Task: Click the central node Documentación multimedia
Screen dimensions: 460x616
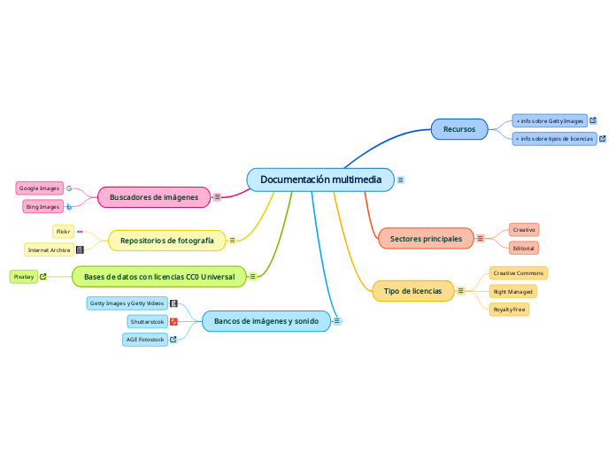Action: [x=320, y=180]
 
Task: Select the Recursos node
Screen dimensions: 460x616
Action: [x=458, y=129]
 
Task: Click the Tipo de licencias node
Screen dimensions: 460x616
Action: [x=412, y=290]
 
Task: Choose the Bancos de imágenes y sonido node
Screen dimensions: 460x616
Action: [x=266, y=320]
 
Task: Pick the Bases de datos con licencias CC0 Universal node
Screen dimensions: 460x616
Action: [x=159, y=277]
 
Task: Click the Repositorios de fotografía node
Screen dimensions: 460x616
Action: [x=167, y=240]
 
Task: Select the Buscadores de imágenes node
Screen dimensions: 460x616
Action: [x=154, y=196]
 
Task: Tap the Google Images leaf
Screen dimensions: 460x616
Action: [x=39, y=188]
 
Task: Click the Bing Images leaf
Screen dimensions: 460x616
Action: [x=42, y=207]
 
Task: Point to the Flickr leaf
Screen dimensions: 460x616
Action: [x=63, y=232]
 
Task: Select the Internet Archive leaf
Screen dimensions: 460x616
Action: [x=49, y=250]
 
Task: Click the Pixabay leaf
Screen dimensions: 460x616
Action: [x=24, y=277]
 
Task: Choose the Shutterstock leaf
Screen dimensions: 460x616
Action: [x=147, y=321]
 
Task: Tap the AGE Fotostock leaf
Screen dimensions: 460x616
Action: [x=144, y=339]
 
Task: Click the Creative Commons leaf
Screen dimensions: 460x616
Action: [x=518, y=273]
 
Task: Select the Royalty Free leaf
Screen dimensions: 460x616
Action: [x=509, y=310]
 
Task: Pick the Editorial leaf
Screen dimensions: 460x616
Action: [x=524, y=248]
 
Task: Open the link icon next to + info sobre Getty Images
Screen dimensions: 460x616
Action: [x=593, y=120]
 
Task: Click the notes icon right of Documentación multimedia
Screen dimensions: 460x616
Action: [x=401, y=180]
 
